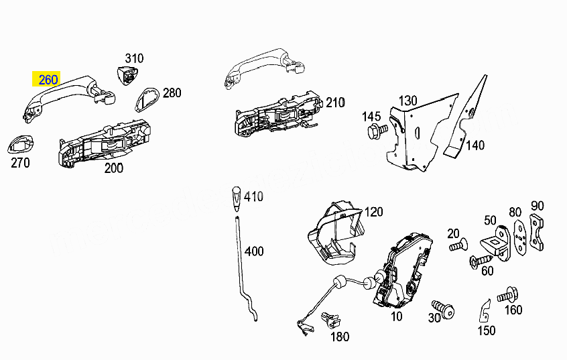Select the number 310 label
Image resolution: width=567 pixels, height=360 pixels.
coord(134,58)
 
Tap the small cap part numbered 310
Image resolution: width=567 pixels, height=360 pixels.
coord(127,76)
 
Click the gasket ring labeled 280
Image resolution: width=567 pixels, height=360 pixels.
coord(147,99)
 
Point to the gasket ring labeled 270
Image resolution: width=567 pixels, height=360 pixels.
coord(20,144)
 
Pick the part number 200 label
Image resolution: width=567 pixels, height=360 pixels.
coord(113,168)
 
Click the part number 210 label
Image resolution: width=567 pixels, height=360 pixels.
coord(335,103)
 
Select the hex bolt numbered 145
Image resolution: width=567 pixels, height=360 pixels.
coord(377,131)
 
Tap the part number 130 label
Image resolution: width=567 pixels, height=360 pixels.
coord(408,101)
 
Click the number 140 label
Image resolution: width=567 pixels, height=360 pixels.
coord(475,145)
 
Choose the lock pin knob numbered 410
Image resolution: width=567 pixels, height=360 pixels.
coord(236,198)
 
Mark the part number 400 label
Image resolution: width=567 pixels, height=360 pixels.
coord(254,251)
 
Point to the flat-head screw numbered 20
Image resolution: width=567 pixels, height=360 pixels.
coord(458,246)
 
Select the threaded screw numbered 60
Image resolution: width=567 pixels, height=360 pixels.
coord(481,260)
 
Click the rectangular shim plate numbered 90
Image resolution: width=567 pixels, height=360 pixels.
coord(537,232)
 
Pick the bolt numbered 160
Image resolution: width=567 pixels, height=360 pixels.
coord(508,295)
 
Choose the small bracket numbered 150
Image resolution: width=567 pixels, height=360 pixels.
coord(485,311)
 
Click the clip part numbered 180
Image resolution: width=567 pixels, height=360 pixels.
coord(330,320)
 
